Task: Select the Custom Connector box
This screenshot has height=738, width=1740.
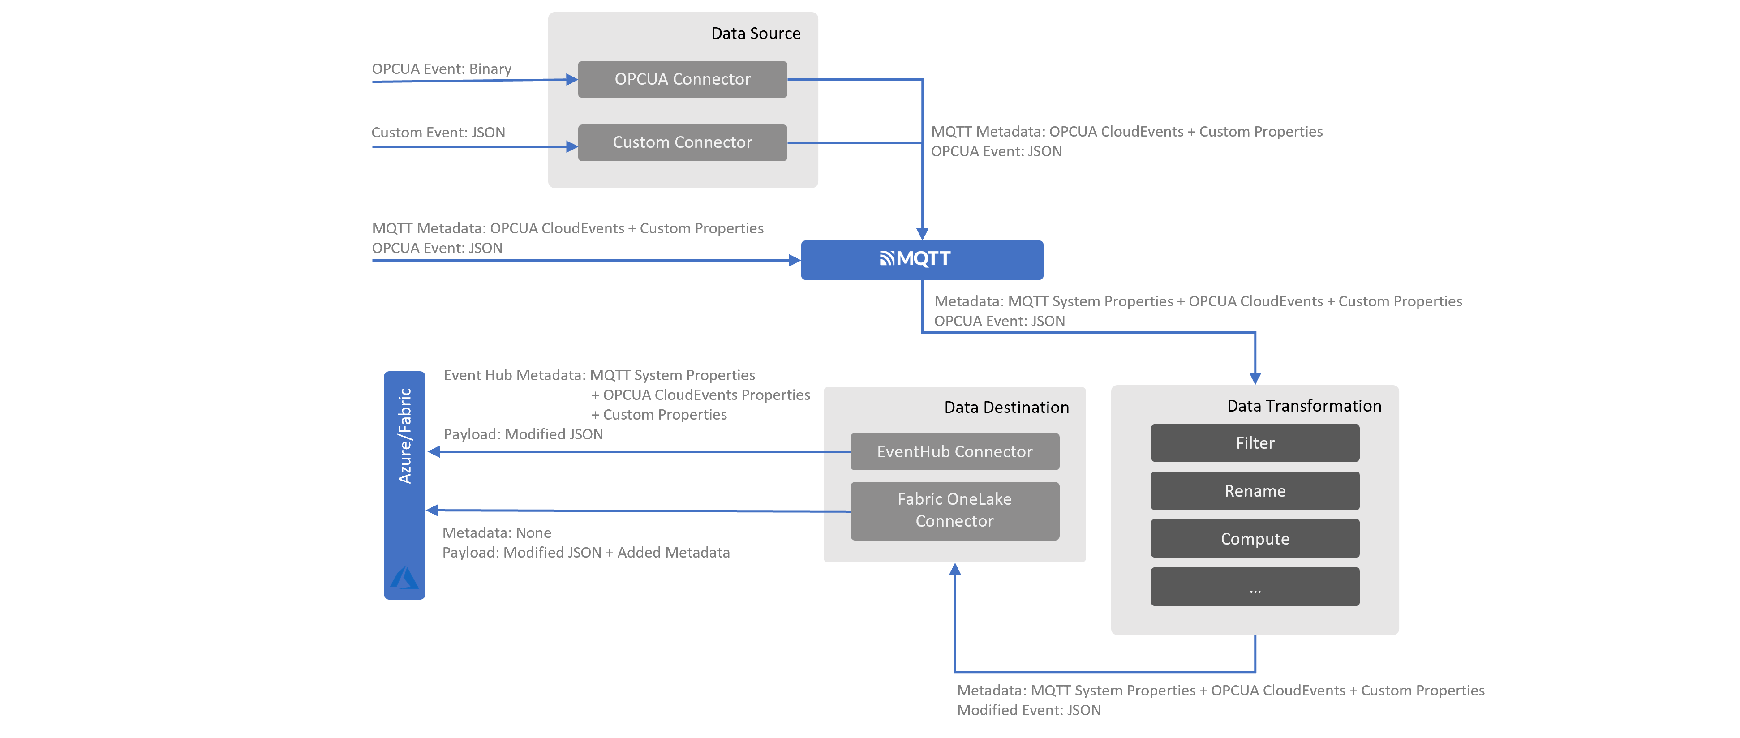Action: point(682,142)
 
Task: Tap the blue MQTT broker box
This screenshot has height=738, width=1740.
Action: point(921,260)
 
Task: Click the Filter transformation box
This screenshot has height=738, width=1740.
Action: point(1255,443)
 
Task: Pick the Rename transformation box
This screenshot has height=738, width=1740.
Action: point(1255,491)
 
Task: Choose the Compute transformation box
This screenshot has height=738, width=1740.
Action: point(1255,539)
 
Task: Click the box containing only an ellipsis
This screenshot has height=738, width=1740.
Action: point(1255,587)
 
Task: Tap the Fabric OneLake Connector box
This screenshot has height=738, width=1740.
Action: point(954,511)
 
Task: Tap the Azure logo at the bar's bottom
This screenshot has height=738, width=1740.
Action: point(404,578)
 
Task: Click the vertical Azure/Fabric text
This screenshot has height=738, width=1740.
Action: point(404,436)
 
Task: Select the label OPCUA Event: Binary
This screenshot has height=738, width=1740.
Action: point(441,69)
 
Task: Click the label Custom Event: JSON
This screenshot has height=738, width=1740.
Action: point(438,133)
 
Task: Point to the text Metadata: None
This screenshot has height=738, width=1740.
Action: point(496,533)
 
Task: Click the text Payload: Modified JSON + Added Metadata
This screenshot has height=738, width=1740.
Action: point(586,552)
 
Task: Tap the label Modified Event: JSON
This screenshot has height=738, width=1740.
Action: point(1028,710)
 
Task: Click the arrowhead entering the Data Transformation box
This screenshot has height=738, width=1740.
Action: point(1255,378)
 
